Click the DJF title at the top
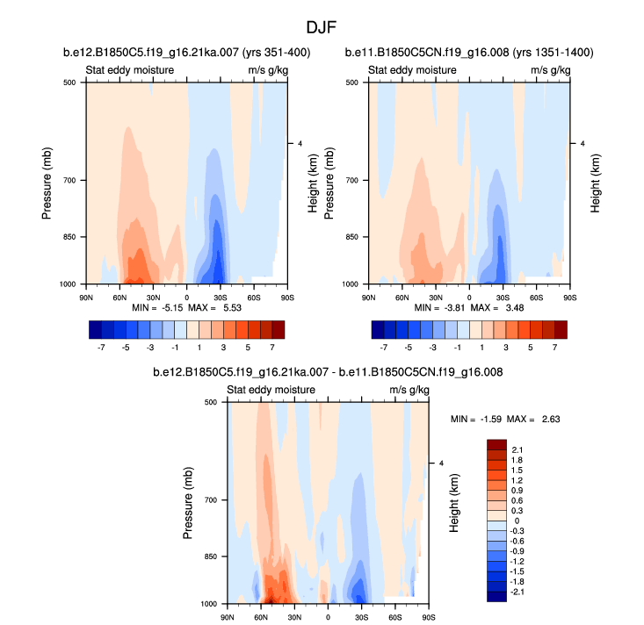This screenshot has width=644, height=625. pyautogui.click(x=322, y=28)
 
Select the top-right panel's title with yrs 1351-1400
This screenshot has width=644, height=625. pyautogui.click(x=468, y=53)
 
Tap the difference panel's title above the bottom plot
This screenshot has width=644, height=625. pyautogui.click(x=322, y=372)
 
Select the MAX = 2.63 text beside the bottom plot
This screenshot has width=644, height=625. pyautogui.click(x=538, y=419)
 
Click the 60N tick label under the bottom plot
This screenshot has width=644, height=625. pyautogui.click(x=261, y=617)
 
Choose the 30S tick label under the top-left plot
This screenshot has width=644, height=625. pyautogui.click(x=221, y=298)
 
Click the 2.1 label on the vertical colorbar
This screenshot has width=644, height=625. pyautogui.click(x=517, y=450)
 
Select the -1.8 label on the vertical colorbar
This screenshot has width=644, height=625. pyautogui.click(x=517, y=581)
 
